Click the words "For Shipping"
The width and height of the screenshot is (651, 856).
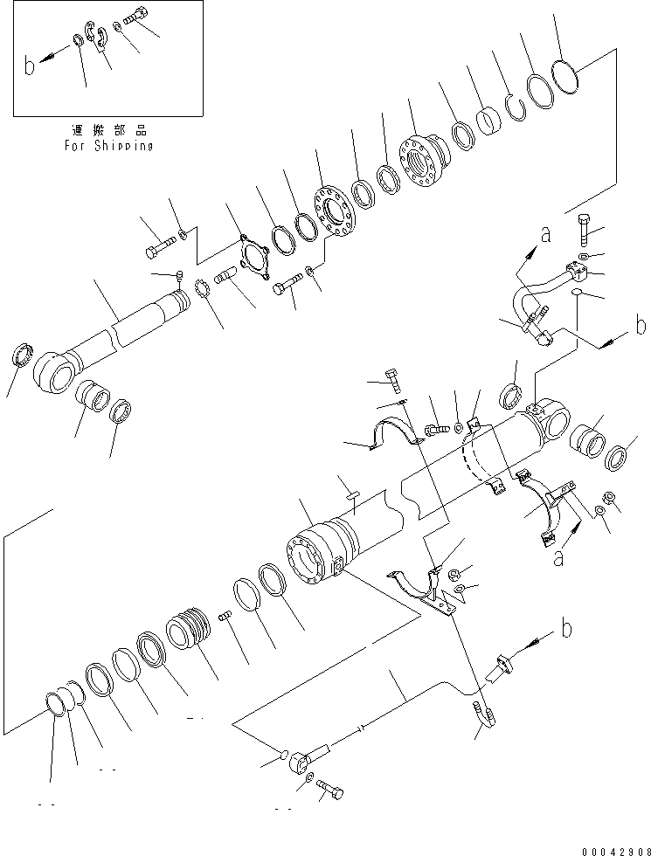click(108, 146)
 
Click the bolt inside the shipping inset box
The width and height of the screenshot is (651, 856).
click(135, 16)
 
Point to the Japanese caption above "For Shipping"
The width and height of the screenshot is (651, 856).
click(108, 130)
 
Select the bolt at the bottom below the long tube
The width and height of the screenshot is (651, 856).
click(329, 792)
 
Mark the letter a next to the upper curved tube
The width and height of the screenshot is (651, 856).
click(546, 234)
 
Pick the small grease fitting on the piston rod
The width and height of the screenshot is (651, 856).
click(179, 278)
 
